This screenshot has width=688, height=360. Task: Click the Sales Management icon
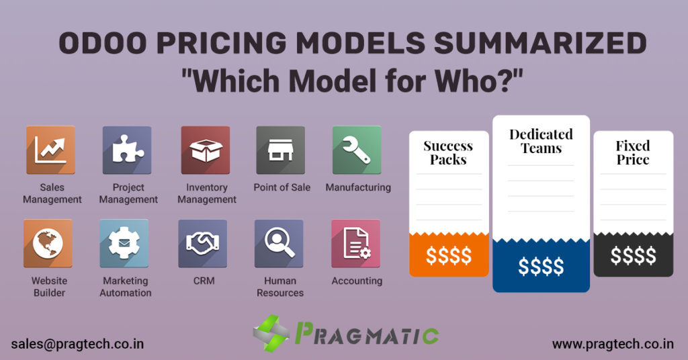point(50,150)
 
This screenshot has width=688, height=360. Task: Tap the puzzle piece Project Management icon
point(127,150)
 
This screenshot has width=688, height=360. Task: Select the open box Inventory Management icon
point(206,150)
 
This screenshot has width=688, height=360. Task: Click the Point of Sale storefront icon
point(281,150)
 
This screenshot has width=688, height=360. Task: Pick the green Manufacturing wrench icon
point(357,150)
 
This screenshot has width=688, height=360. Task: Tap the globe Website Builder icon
point(48,243)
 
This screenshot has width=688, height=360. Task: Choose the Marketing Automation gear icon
point(124,243)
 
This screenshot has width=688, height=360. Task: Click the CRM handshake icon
point(203,243)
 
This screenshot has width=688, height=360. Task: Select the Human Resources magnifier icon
point(279,243)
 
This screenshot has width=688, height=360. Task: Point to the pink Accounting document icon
point(356,243)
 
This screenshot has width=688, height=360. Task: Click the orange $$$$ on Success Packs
point(449,255)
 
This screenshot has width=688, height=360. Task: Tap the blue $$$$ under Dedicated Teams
point(541,266)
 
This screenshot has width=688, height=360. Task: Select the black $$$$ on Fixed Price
point(633,255)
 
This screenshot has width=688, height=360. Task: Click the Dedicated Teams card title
point(541,141)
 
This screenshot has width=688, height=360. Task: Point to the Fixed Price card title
point(633,152)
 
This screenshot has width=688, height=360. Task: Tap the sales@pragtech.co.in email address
point(78,344)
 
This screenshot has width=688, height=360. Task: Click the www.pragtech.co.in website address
point(613,344)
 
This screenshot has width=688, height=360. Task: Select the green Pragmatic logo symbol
point(271,333)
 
